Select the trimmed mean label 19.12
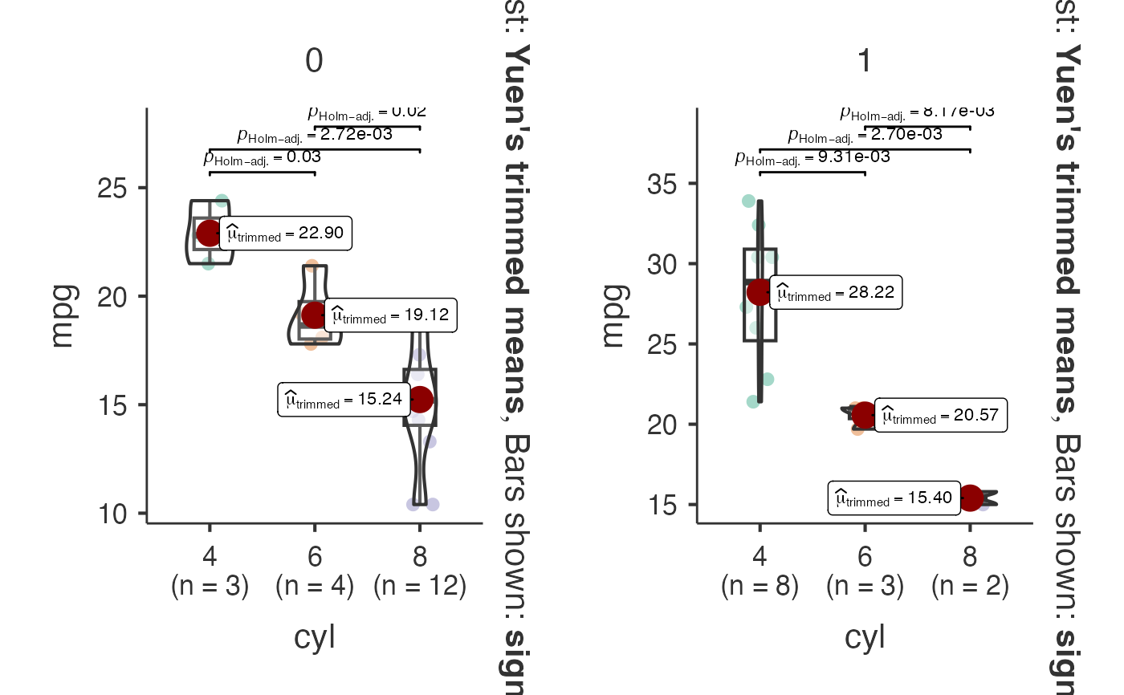click(391, 315)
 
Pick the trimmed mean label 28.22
click(837, 292)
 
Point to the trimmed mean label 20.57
click(940, 416)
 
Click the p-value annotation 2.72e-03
click(315, 135)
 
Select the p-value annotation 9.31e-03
click(812, 157)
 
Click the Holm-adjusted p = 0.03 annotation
click(263, 158)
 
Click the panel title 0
click(314, 62)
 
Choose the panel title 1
click(865, 62)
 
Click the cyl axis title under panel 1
click(865, 637)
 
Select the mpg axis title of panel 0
click(62, 315)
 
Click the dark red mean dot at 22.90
click(210, 234)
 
